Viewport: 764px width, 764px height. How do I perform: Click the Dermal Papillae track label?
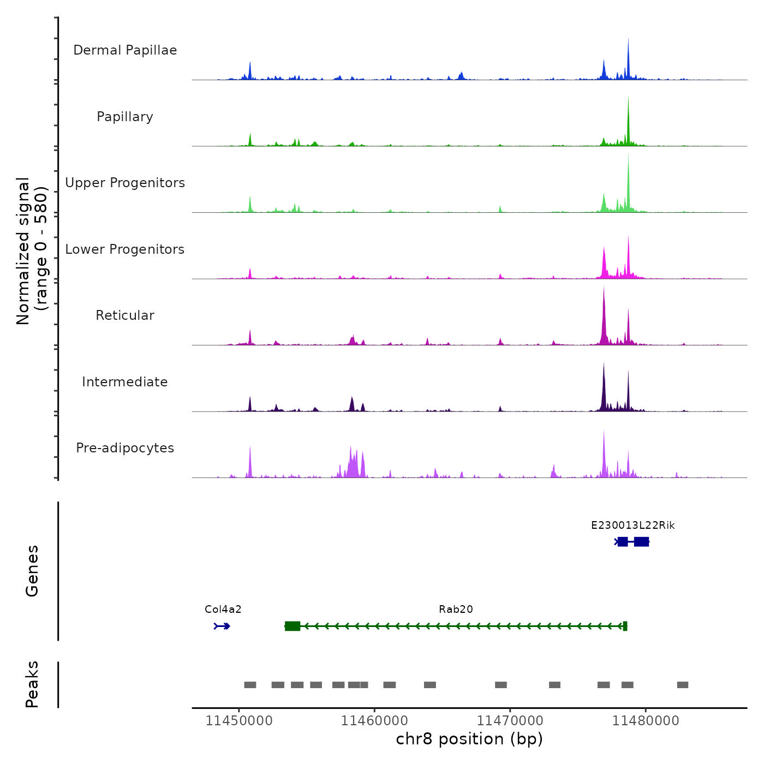pos(125,50)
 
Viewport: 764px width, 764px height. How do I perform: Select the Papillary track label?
pos(125,117)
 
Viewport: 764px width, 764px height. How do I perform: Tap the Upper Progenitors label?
pos(125,183)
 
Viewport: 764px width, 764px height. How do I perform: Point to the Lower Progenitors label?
pos(125,249)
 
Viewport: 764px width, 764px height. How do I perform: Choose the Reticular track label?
pos(125,315)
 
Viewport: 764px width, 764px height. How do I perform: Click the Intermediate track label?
pos(125,382)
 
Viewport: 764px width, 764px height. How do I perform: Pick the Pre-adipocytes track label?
pos(125,448)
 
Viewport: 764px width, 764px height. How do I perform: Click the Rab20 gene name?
pos(456,610)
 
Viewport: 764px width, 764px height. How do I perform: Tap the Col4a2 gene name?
pos(223,610)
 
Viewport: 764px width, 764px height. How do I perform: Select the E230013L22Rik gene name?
pos(633,526)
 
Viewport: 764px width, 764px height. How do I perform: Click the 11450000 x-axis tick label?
pos(239,721)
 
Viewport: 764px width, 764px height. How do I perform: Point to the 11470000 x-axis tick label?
pos(510,721)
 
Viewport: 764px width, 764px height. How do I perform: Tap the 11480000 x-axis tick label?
pos(646,721)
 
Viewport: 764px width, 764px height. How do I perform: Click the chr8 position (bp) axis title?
pos(469,739)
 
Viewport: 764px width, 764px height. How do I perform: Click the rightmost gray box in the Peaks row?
pos(682,685)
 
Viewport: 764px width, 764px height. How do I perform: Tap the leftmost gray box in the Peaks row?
pos(250,685)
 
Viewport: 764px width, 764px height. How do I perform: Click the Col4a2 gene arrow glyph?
pos(222,626)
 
